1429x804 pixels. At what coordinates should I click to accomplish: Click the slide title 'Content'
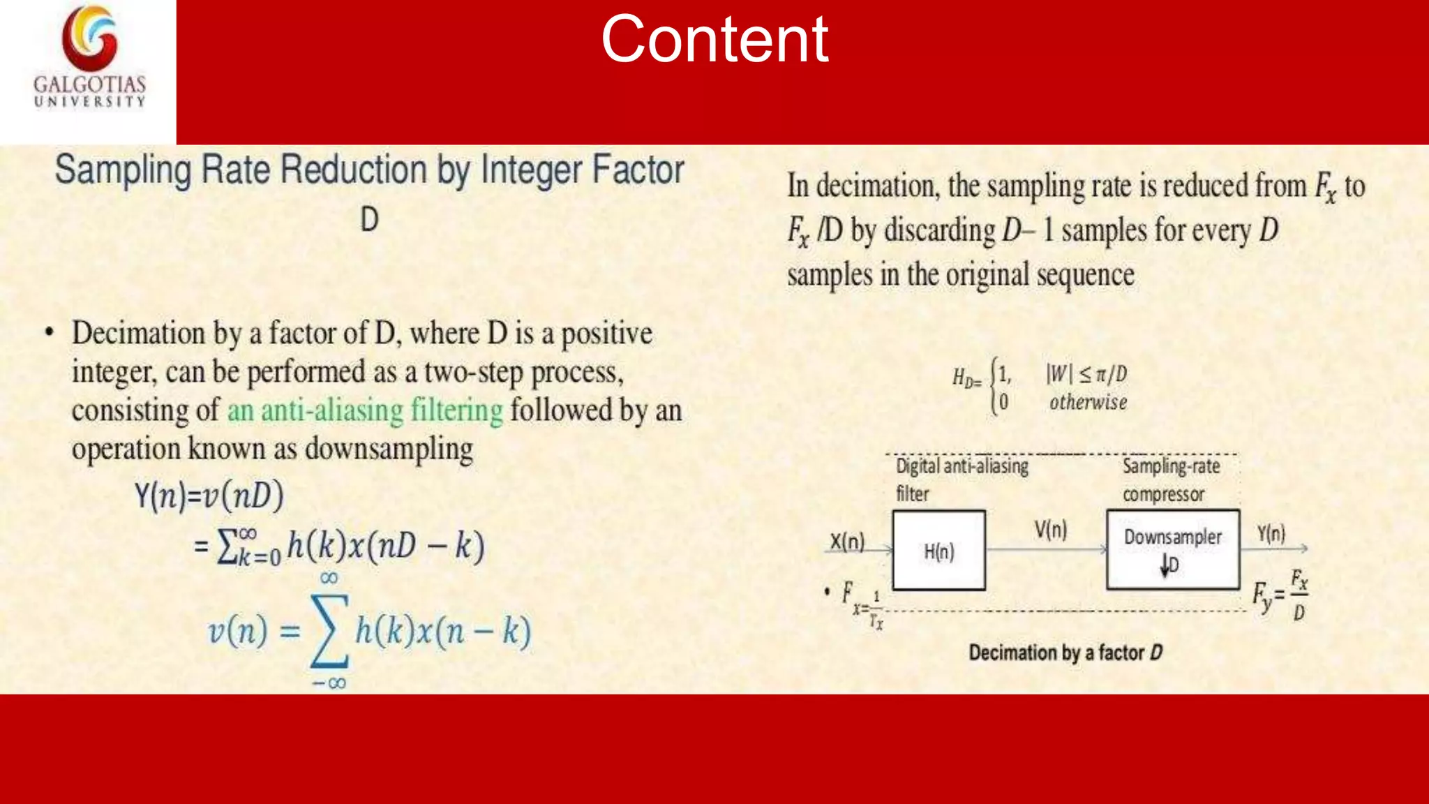pyautogui.click(x=714, y=39)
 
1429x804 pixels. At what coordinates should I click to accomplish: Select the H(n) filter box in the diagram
pyautogui.click(x=938, y=551)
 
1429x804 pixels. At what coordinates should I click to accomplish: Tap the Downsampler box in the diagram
pyautogui.click(x=1173, y=549)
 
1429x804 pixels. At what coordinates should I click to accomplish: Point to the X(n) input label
pyautogui.click(x=847, y=542)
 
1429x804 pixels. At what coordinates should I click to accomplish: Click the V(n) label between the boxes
pyautogui.click(x=1051, y=530)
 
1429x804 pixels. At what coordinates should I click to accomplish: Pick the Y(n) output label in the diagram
pyautogui.click(x=1271, y=534)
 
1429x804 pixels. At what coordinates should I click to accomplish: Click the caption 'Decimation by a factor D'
pyautogui.click(x=1065, y=653)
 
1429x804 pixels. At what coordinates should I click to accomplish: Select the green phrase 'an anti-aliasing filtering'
pyautogui.click(x=365, y=410)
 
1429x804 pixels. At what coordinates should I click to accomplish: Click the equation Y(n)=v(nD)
pyautogui.click(x=209, y=496)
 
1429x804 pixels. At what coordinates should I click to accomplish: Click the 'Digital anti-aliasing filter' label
pyautogui.click(x=962, y=479)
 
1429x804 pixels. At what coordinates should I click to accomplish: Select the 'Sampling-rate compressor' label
pyautogui.click(x=1171, y=479)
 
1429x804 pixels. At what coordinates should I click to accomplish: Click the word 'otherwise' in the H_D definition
pyautogui.click(x=1088, y=403)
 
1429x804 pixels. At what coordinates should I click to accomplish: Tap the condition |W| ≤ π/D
pyautogui.click(x=1086, y=374)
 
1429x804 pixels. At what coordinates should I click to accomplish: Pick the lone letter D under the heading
pyautogui.click(x=369, y=220)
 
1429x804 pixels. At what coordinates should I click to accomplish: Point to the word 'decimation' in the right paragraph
pyautogui.click(x=876, y=186)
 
